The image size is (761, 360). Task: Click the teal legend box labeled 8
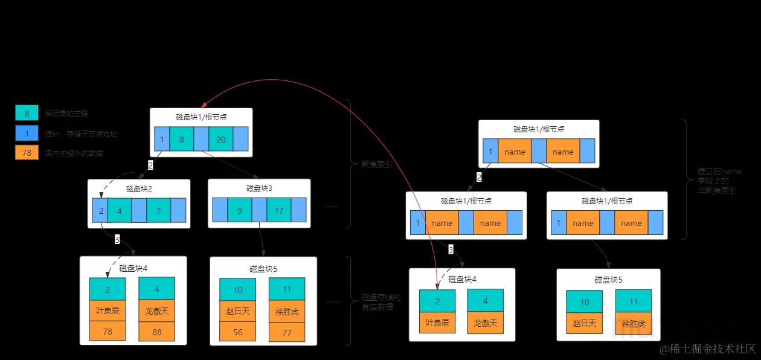[x=27, y=113]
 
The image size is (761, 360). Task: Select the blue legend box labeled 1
[x=27, y=133]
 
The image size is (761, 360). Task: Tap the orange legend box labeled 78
[x=27, y=153]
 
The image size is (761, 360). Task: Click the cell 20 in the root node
[x=221, y=140]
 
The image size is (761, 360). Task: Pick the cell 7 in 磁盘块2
[x=158, y=211]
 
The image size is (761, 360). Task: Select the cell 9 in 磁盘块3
[x=239, y=211]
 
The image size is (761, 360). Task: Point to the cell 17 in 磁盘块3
[x=279, y=211]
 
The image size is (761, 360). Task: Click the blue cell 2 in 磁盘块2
[x=100, y=211]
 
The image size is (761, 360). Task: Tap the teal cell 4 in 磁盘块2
[x=120, y=211]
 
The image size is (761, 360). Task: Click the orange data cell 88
[x=157, y=332]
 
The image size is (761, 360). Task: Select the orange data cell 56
[x=238, y=332]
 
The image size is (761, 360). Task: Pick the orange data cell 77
[x=287, y=332]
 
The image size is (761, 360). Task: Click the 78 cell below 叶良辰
[x=108, y=331]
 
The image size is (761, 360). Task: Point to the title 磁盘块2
[x=139, y=188]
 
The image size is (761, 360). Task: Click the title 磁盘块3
[x=259, y=188]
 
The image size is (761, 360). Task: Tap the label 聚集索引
[x=376, y=164]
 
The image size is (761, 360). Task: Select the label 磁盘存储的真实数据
[x=380, y=301]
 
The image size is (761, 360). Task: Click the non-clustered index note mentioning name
[x=719, y=181]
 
